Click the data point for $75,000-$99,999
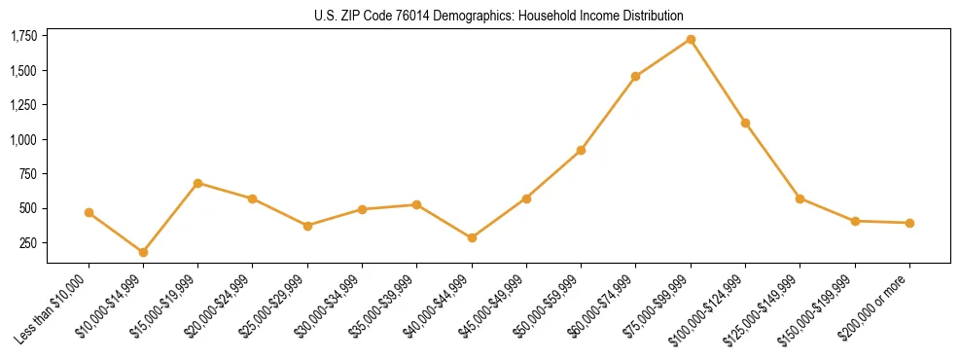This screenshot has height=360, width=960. (691, 39)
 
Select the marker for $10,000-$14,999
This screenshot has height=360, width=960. (143, 252)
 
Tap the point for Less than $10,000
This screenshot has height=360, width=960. (89, 212)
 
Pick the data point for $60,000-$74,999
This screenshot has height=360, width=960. (635, 76)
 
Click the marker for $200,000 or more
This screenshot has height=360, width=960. (909, 223)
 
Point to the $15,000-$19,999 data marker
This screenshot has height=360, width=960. (197, 183)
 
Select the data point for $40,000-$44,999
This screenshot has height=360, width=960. (472, 237)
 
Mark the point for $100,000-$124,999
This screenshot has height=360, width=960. (745, 123)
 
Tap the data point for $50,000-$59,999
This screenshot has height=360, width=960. (581, 150)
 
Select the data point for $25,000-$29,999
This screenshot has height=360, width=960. (307, 226)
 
